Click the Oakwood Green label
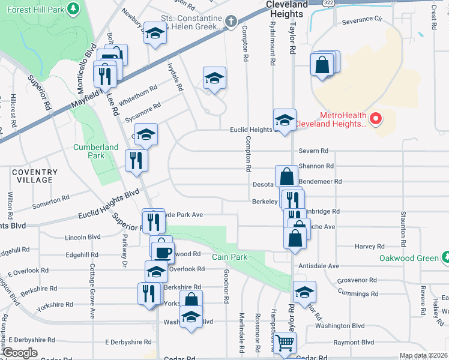(410, 258)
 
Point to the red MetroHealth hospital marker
(376, 119)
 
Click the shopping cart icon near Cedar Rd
(287, 343)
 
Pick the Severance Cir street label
(362, 20)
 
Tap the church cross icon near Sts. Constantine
(231, 22)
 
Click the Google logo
(20, 353)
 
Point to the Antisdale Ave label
(318, 266)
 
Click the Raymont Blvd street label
(354, 342)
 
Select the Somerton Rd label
(51, 205)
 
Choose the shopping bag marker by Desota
(287, 176)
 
